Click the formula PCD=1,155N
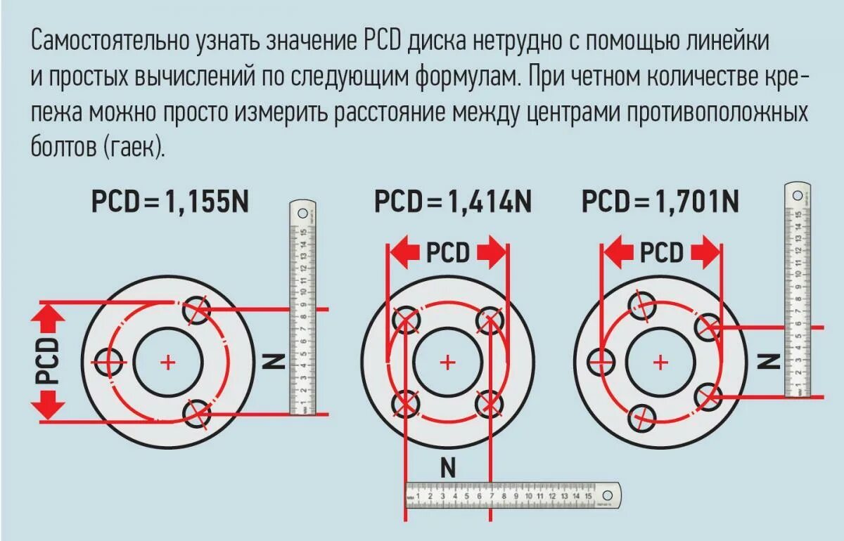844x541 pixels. [170, 202]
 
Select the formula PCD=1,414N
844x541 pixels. [452, 202]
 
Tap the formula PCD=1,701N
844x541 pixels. [660, 202]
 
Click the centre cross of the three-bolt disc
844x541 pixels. [167, 362]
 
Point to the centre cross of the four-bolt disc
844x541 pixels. [447, 362]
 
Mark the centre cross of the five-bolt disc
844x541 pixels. [660, 362]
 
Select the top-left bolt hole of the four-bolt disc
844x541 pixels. [406, 321]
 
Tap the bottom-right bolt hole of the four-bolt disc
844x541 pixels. [490, 403]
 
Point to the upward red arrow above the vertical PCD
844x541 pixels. [49, 320]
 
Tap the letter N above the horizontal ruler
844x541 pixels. [447, 467]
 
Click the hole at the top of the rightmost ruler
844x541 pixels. [798, 195]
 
